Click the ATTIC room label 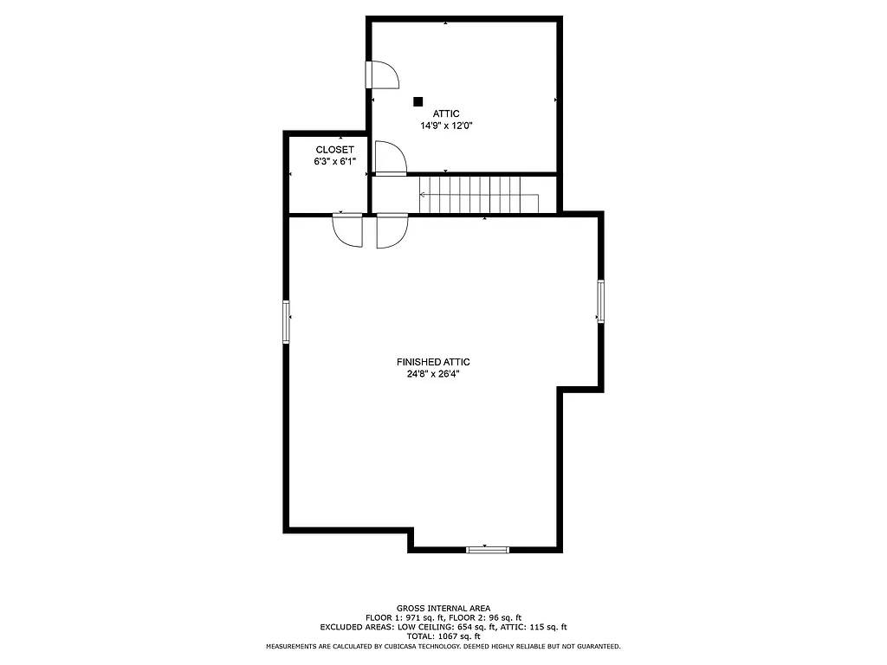pyautogui.click(x=446, y=113)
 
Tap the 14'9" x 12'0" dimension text pyautogui.click(x=446, y=126)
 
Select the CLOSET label pyautogui.click(x=334, y=150)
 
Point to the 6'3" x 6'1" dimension pyautogui.click(x=334, y=162)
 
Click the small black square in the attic pyautogui.click(x=418, y=101)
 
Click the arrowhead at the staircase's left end pyautogui.click(x=423, y=195)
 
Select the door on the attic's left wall pyautogui.click(x=381, y=75)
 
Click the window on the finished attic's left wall pyautogui.click(x=286, y=321)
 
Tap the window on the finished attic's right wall pyautogui.click(x=599, y=301)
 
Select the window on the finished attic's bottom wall pyautogui.click(x=488, y=549)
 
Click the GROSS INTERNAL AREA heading pyautogui.click(x=443, y=609)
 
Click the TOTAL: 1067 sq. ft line pyautogui.click(x=443, y=636)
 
